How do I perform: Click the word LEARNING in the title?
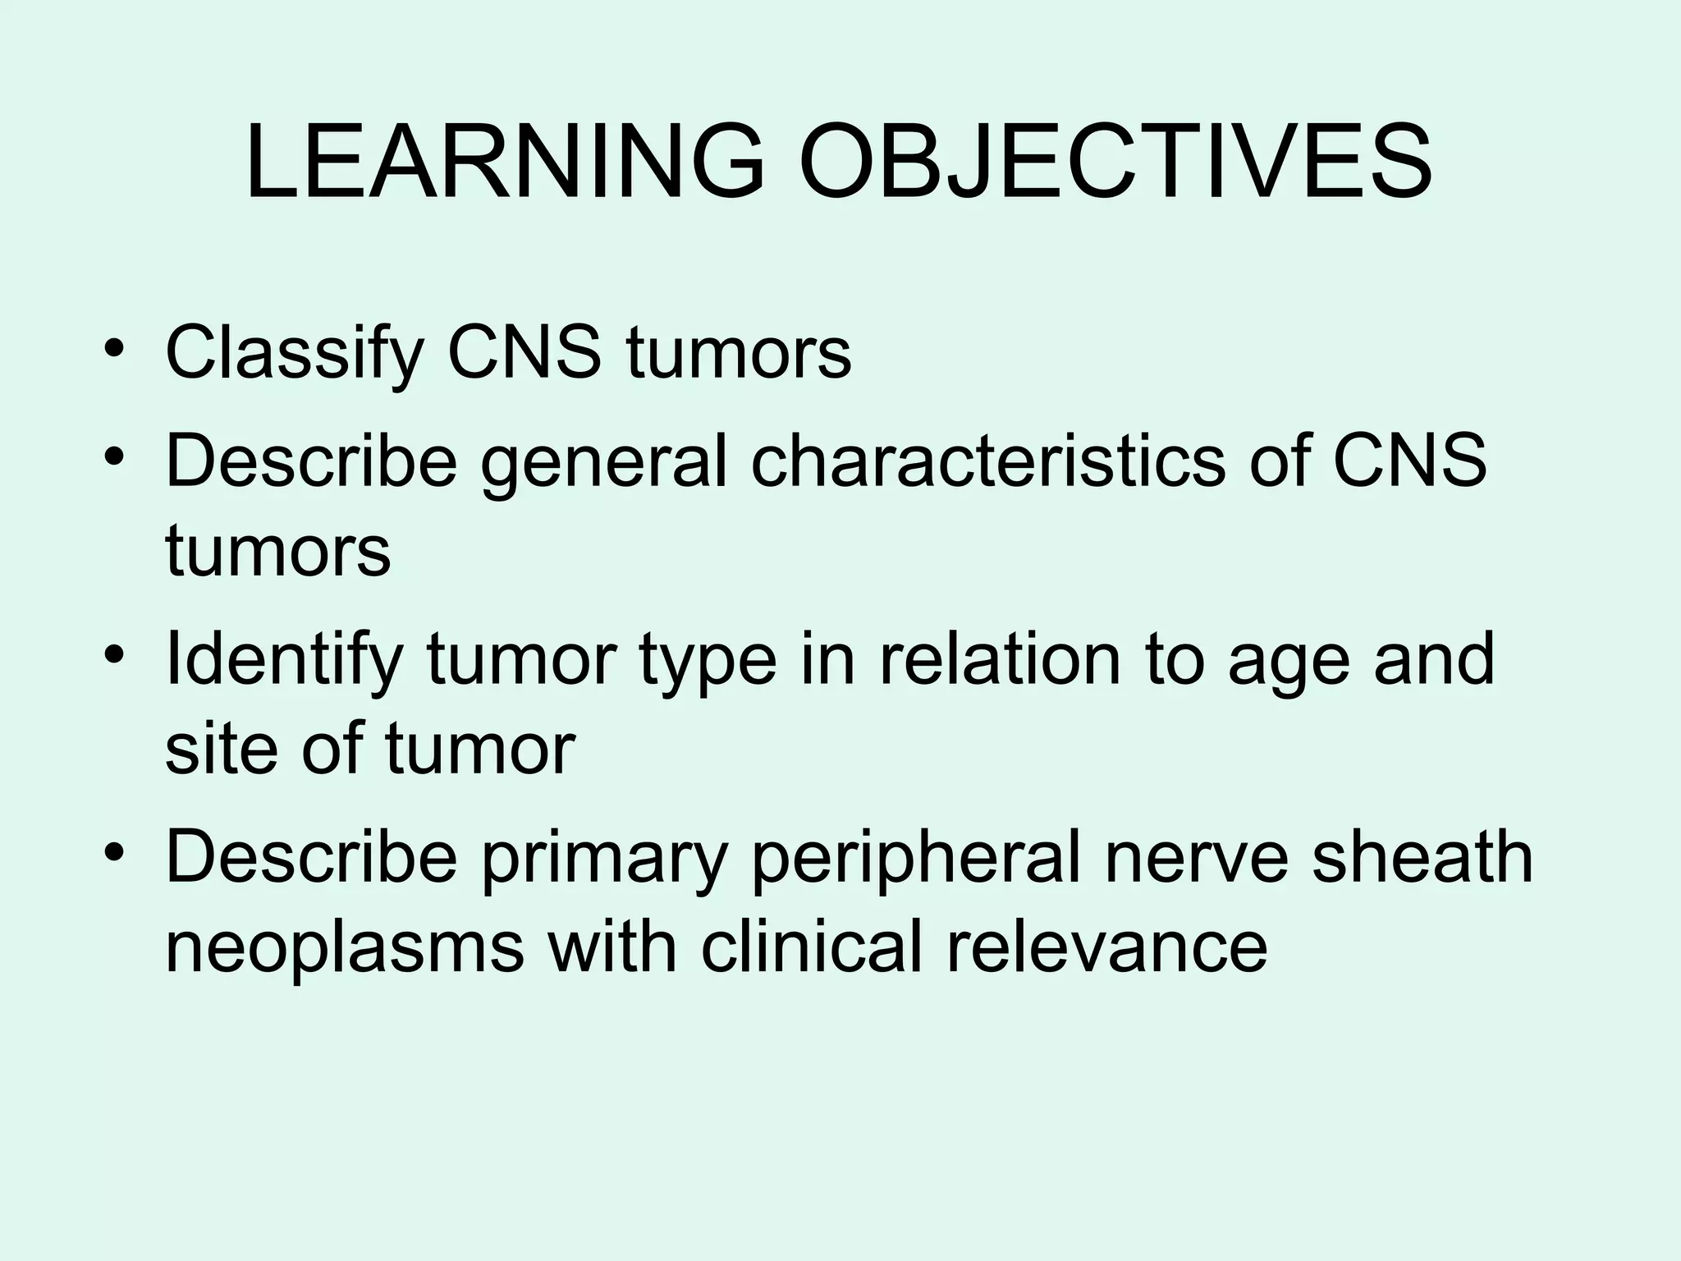(x=504, y=161)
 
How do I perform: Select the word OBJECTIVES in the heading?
(x=1116, y=161)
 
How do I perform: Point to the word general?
(x=604, y=461)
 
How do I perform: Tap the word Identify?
(x=284, y=662)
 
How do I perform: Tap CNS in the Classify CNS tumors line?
(x=524, y=353)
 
